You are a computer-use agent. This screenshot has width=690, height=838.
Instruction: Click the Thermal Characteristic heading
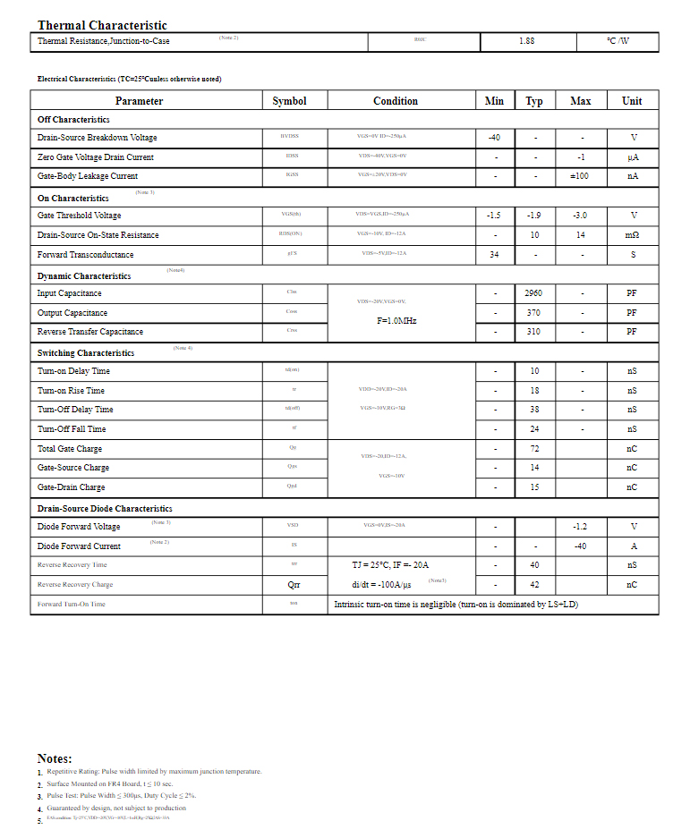pos(102,26)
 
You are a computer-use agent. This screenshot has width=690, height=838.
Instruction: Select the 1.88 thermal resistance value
pos(527,41)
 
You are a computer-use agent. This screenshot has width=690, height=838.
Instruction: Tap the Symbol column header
pos(289,101)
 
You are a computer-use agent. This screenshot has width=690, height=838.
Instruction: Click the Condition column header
pos(395,101)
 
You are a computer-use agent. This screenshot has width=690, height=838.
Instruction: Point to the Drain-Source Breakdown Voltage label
pos(97,138)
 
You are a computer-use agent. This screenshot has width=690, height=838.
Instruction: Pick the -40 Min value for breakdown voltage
pos(494,138)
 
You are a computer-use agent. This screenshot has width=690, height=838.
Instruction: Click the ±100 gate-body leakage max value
pos(580,176)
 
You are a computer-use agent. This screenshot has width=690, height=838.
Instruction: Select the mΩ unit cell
pos(632,235)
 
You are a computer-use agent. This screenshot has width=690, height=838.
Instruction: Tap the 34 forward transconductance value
pos(494,255)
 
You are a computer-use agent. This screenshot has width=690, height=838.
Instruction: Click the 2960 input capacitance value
pos(533,293)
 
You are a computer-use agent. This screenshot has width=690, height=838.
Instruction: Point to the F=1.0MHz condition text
pos(396,320)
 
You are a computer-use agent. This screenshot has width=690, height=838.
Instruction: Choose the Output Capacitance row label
pos(72,313)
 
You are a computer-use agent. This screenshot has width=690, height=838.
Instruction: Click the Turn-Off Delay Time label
pos(75,410)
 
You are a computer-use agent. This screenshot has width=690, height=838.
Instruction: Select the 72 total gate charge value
pos(534,449)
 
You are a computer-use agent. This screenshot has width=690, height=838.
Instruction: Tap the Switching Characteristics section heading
pos(86,353)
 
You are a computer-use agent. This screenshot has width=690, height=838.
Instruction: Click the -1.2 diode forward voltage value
pos(580,527)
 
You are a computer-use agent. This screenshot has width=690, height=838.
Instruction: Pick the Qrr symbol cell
pos(294,585)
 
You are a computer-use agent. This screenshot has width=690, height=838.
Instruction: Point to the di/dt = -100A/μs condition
pos(381,585)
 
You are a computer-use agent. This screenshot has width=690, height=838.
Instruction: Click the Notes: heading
pos(55,758)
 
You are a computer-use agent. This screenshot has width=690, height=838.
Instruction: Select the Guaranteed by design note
pos(116,808)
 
